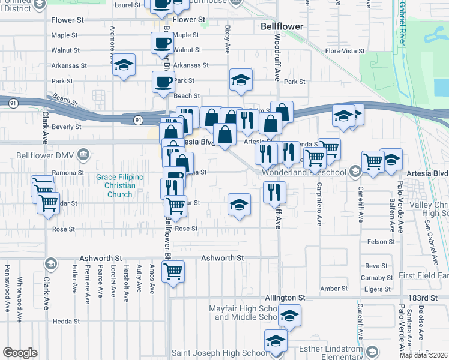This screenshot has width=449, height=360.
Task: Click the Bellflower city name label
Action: coord(282,27)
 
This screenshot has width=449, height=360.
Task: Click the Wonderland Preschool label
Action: coord(306,173)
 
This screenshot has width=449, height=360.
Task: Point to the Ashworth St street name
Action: coord(222,257)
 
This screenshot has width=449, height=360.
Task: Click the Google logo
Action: coord(20,352)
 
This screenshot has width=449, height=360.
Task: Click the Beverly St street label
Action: coord(66,127)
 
